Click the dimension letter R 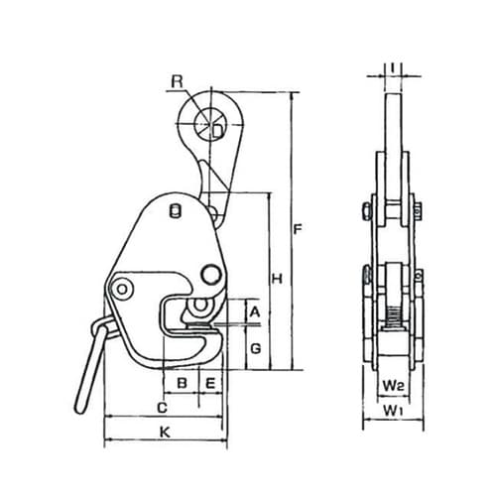click(x=177, y=81)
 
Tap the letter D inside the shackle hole click(x=217, y=132)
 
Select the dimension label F click(x=298, y=229)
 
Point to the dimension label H click(x=277, y=279)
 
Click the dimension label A click(x=254, y=311)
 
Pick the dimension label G click(x=255, y=348)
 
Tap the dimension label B click(x=182, y=383)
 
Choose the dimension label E click(x=210, y=383)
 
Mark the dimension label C click(x=162, y=408)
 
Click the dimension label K click(x=165, y=432)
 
